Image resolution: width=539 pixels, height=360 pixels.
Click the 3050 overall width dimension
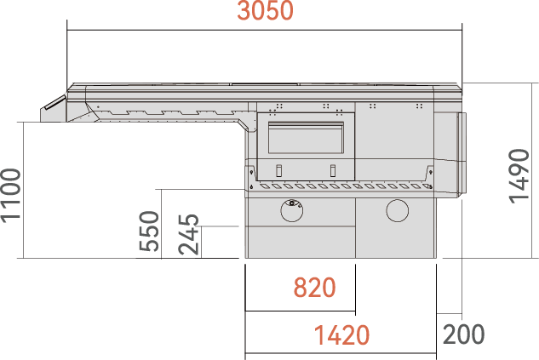[265, 11]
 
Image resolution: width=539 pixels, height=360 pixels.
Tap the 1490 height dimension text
[519, 176]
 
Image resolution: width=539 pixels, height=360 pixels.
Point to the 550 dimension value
[149, 231]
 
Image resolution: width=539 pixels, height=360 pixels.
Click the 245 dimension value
[189, 235]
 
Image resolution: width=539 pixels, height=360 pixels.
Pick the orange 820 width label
[314, 288]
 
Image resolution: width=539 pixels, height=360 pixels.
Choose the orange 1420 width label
[342, 335]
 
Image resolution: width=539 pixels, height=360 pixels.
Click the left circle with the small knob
[292, 210]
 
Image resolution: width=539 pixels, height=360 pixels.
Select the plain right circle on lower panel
[398, 210]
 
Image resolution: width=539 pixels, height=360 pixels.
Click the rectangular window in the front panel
[306, 137]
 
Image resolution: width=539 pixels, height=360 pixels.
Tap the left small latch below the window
[278, 171]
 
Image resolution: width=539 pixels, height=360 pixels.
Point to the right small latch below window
[332, 171]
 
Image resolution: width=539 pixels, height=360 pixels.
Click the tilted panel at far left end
[54, 102]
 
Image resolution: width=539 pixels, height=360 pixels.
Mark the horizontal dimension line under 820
[300, 311]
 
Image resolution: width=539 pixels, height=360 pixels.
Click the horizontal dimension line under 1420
[341, 353]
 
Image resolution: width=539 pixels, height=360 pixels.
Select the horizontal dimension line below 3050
[264, 30]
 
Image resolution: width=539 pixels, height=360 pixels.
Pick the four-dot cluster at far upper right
[419, 106]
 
